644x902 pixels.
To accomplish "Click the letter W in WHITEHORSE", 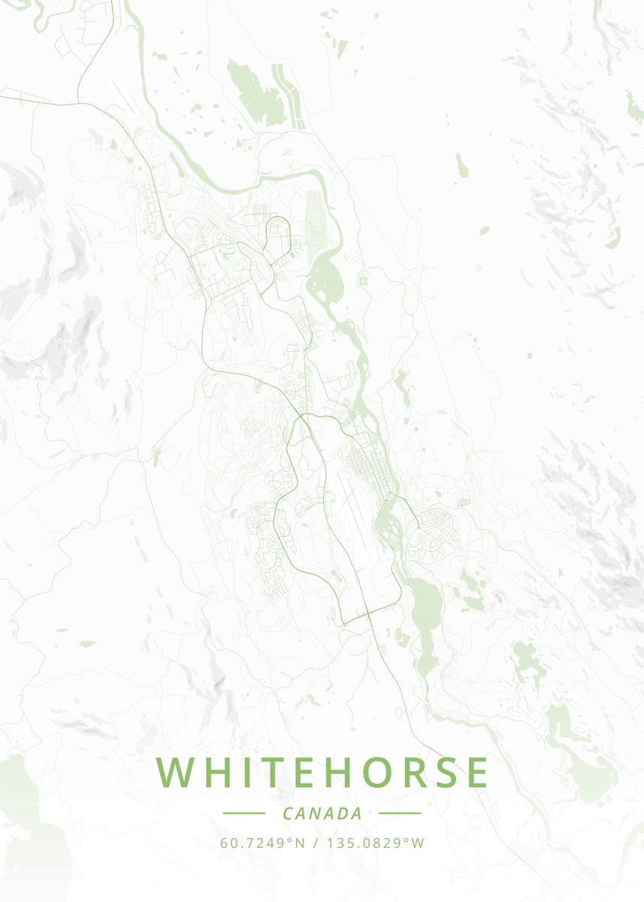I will pyautogui.click(x=174, y=772).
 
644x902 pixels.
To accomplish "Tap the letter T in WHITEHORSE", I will pyautogui.click(x=255, y=772).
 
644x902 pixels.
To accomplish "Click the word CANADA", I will pyautogui.click(x=322, y=813).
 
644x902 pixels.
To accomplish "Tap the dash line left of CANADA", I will pyautogui.click(x=243, y=813).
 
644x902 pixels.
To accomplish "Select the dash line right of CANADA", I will pyautogui.click(x=399, y=813).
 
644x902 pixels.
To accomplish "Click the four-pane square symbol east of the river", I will pyautogui.click(x=363, y=280).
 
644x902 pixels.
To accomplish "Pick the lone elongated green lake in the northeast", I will pyautogui.click(x=461, y=165).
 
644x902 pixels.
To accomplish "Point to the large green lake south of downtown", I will pyautogui.click(x=426, y=609).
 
